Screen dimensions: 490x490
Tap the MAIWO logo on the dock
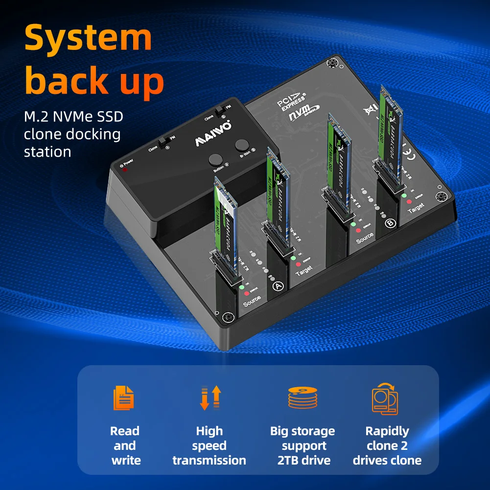point(214,134)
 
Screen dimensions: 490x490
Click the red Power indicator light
point(125,170)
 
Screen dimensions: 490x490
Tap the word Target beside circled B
point(416,209)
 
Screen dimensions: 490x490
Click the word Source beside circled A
point(252,300)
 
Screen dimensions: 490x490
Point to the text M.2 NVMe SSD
point(73,117)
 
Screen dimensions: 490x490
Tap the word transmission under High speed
point(209,460)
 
